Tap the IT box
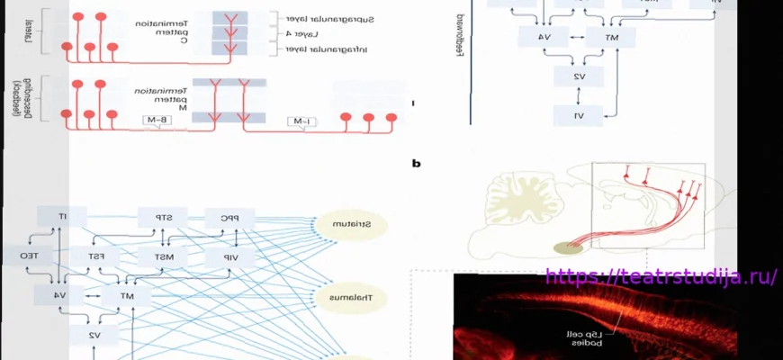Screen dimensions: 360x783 pos(62,216)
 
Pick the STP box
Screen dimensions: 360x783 pos(162,217)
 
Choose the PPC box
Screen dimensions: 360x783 pos(229,217)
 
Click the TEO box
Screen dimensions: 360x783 pos(20,256)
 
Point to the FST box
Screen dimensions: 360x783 pos(95,256)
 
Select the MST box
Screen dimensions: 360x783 pos(163,256)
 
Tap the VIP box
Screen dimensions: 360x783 pos(229,256)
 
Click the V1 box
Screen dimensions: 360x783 pos(580,115)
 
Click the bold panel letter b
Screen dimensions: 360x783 pos(416,164)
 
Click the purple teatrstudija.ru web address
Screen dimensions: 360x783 pos(661,276)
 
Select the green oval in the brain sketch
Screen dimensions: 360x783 pos(568,248)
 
